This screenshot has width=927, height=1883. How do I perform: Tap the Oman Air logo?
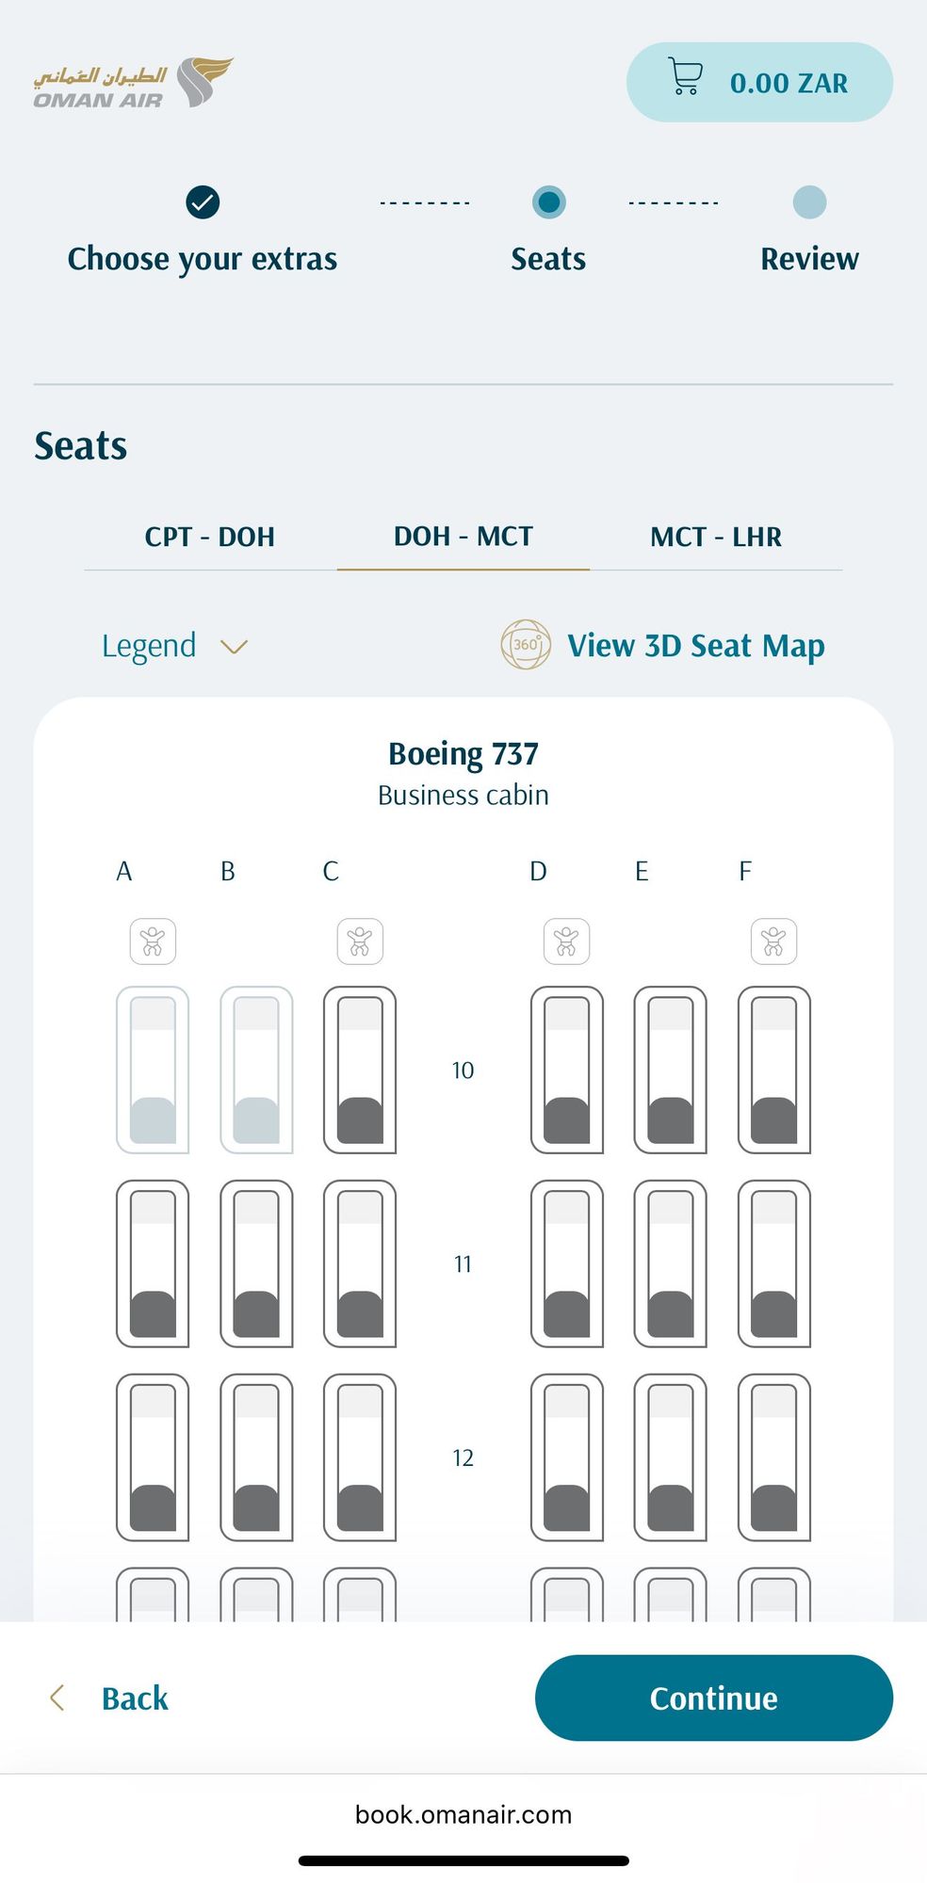pyautogui.click(x=133, y=83)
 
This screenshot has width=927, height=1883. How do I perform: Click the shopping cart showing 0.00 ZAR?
pyautogui.click(x=759, y=82)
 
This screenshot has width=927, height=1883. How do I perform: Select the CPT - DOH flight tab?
pyautogui.click(x=210, y=537)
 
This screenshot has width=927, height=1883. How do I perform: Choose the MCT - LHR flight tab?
pyautogui.click(x=716, y=537)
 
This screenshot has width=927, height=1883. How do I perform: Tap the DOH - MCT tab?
pyautogui.click(x=463, y=537)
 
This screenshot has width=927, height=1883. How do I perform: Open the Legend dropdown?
pyautogui.click(x=174, y=646)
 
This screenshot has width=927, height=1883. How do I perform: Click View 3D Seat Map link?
pyautogui.click(x=662, y=645)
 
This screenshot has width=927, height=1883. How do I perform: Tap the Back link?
pyautogui.click(x=108, y=1698)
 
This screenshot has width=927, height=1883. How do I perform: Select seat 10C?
pyautogui.click(x=360, y=1070)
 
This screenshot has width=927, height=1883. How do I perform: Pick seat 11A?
pyautogui.click(x=153, y=1263)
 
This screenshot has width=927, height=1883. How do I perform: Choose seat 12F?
pyautogui.click(x=774, y=1457)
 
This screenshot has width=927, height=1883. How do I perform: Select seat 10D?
pyautogui.click(x=567, y=1070)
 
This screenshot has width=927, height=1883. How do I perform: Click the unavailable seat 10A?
pyautogui.click(x=153, y=1070)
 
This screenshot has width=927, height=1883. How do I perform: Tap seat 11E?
pyautogui.click(x=671, y=1263)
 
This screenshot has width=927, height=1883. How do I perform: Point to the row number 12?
pyautogui.click(x=463, y=1457)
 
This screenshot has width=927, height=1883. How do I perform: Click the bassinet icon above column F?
pyautogui.click(x=774, y=941)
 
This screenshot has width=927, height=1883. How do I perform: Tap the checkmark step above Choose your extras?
pyautogui.click(x=203, y=201)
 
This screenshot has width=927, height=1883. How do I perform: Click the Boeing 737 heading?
pyautogui.click(x=463, y=753)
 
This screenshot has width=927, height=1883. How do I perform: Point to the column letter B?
pyautogui.click(x=228, y=871)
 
